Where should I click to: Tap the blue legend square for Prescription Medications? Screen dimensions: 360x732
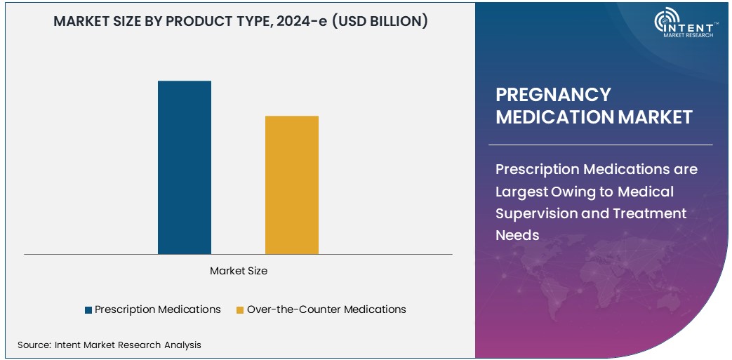click(x=88, y=309)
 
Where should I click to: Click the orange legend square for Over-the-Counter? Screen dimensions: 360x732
click(x=240, y=309)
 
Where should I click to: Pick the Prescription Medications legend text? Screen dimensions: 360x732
click(x=157, y=309)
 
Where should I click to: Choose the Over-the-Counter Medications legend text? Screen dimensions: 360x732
click(x=326, y=309)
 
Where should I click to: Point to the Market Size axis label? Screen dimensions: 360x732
click(x=238, y=270)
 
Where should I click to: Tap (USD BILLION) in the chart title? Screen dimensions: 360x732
click(x=379, y=21)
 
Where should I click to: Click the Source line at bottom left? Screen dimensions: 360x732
click(x=109, y=345)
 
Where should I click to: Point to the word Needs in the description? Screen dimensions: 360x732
click(x=517, y=235)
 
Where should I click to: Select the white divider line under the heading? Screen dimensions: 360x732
click(x=600, y=145)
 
